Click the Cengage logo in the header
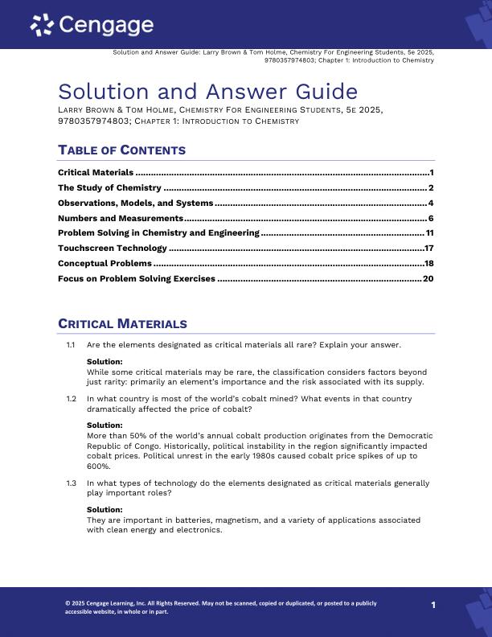click(x=92, y=26)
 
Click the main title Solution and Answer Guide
click(x=207, y=91)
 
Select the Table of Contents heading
click(x=121, y=150)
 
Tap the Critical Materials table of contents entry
click(x=96, y=173)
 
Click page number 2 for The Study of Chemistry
click(x=432, y=188)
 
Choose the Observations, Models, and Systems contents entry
click(x=135, y=203)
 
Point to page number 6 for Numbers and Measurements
click(x=432, y=219)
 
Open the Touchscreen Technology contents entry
click(x=113, y=249)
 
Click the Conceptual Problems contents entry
click(x=105, y=264)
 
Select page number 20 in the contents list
click(x=428, y=279)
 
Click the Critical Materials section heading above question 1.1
click(x=122, y=324)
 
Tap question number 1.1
click(x=71, y=345)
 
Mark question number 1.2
click(x=71, y=399)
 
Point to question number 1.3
click(x=71, y=483)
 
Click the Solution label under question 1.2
click(x=105, y=425)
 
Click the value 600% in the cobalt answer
click(x=98, y=466)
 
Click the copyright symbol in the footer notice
click(x=68, y=603)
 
